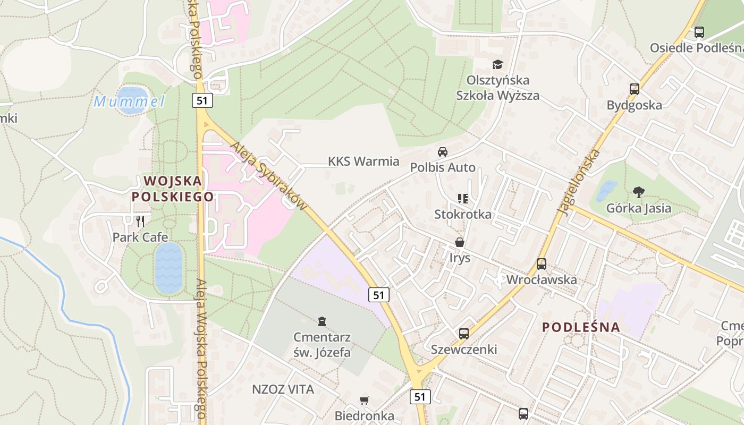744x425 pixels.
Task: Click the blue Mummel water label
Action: pos(129,101)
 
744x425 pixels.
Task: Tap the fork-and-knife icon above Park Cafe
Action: pos(140,221)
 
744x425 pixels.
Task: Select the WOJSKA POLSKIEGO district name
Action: pos(173,189)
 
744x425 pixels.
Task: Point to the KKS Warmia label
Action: pos(363,161)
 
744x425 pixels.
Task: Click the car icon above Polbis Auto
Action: pos(443,152)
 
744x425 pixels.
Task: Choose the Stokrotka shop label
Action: pos(463,215)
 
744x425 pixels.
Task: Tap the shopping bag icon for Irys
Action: pos(460,242)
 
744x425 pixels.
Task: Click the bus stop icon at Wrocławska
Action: pos(542,263)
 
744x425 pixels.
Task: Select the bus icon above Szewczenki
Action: pos(464,334)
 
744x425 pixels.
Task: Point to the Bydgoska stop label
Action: pos(635,105)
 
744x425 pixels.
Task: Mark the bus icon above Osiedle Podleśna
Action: pos(699,32)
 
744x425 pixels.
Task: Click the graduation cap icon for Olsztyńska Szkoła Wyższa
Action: pos(497,64)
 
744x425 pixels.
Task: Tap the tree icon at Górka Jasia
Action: pos(638,192)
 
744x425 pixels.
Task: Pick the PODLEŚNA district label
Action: pos(581,327)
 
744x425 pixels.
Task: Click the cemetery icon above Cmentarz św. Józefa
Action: pos(322,321)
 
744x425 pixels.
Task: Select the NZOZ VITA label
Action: pos(283,389)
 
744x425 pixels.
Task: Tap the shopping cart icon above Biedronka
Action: pos(364,400)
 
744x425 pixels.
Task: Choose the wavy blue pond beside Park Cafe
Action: pos(168,268)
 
